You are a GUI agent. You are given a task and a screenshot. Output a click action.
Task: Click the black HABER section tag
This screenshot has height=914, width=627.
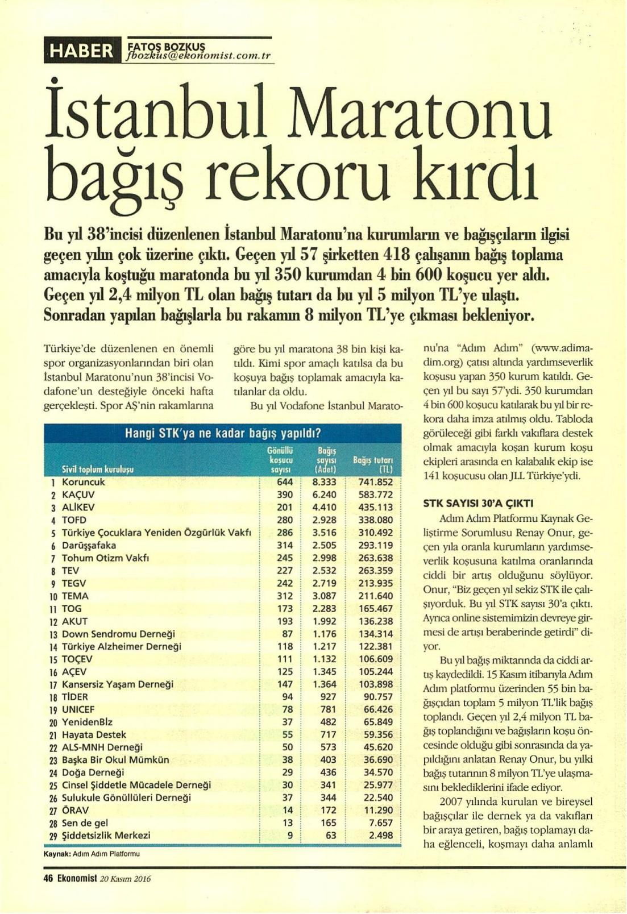pos(82,51)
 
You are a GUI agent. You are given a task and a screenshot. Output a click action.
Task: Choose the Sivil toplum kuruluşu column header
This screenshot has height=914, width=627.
pos(98,470)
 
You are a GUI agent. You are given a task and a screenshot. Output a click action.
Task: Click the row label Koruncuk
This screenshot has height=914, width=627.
pos(84,482)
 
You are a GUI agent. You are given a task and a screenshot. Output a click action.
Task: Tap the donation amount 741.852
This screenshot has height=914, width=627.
pos(376,482)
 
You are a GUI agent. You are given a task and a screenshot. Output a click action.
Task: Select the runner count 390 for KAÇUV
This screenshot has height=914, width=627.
pos(285,495)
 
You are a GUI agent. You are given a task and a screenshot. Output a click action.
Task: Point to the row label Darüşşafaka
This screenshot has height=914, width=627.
pos(89,545)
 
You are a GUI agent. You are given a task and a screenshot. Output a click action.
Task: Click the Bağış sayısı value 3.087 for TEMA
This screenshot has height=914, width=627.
pos(324,596)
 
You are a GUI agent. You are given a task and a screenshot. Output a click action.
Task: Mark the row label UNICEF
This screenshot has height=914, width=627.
pos(78,709)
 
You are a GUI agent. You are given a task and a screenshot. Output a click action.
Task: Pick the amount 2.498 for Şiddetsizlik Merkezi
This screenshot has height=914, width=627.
pos(380,836)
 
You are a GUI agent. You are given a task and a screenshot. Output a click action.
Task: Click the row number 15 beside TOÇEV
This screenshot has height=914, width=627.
pos(52,659)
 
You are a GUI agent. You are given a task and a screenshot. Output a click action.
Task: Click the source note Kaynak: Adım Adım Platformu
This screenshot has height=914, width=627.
pos(92,854)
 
